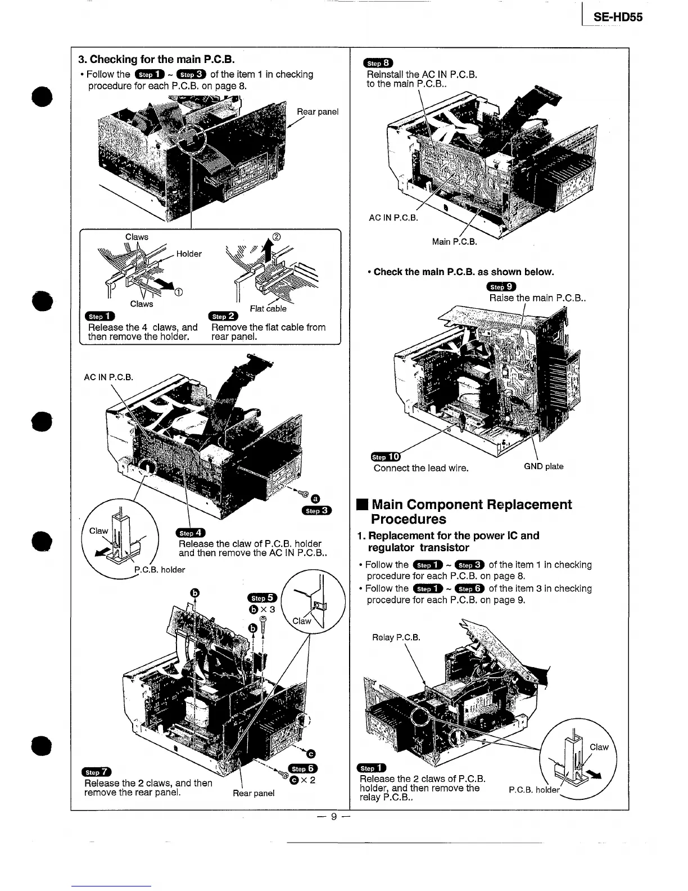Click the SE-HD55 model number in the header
(618, 17)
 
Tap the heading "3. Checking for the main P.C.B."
(156, 60)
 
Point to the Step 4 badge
(191, 533)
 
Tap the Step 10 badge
(386, 456)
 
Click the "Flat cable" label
(268, 308)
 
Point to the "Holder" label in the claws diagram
(189, 254)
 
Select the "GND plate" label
(543, 466)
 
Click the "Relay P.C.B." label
(396, 637)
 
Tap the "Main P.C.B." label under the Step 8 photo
(454, 242)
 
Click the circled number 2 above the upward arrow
(276, 236)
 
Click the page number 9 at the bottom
(333, 816)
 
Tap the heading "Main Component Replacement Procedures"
(471, 511)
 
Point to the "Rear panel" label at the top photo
(318, 111)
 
